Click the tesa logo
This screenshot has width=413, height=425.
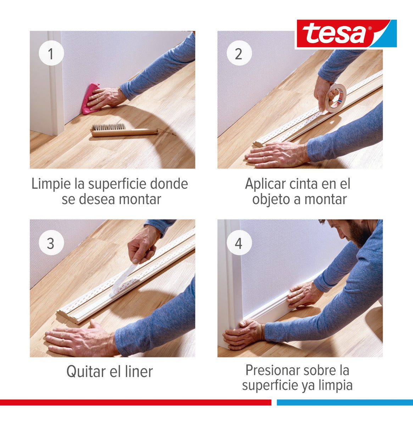346,34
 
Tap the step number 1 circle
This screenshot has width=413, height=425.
51,54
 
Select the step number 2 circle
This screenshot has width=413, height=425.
239,54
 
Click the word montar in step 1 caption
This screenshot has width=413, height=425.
140,199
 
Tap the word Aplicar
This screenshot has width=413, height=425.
265,184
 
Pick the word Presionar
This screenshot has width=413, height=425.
272,370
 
